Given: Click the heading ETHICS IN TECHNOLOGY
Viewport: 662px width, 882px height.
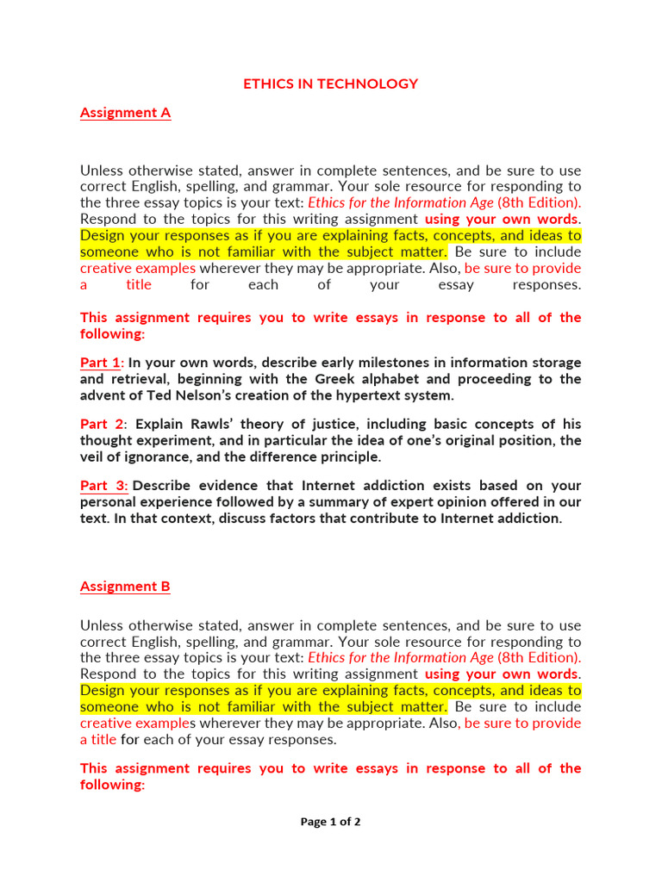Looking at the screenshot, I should click(330, 84).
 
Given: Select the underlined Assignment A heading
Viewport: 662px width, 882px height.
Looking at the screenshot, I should click(125, 113).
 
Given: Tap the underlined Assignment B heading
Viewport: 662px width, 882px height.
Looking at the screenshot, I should click(125, 587).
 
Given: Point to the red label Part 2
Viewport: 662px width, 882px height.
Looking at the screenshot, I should click(102, 424).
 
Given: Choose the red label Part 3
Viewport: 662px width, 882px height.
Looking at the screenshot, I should click(103, 485).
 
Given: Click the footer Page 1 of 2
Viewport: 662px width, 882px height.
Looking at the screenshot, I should click(330, 822).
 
